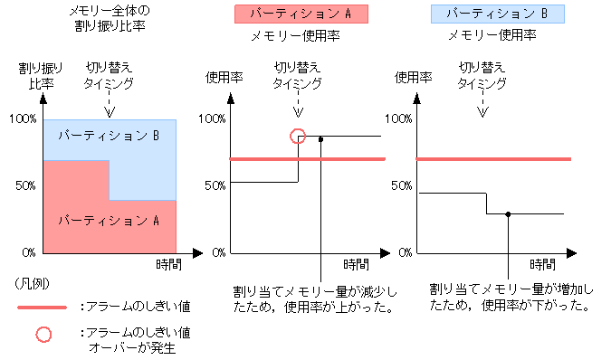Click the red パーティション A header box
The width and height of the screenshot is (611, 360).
pyautogui.click(x=300, y=14)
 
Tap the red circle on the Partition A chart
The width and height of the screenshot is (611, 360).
pyautogui.click(x=298, y=137)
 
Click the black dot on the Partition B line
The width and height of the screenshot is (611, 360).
pyautogui.click(x=509, y=214)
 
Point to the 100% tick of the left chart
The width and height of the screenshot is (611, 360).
pyautogui.click(x=21, y=118)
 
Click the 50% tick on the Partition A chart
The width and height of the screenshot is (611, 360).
pyautogui.click(x=212, y=185)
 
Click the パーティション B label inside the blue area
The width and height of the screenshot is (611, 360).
pyautogui.click(x=109, y=136)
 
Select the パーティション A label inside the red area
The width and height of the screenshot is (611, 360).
pyautogui.click(x=109, y=220)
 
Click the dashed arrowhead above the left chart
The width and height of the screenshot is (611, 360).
pyautogui.click(x=110, y=113)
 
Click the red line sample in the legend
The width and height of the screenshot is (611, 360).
pyautogui.click(x=42, y=308)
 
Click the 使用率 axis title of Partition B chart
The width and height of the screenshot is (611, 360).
pyautogui.click(x=415, y=77)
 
